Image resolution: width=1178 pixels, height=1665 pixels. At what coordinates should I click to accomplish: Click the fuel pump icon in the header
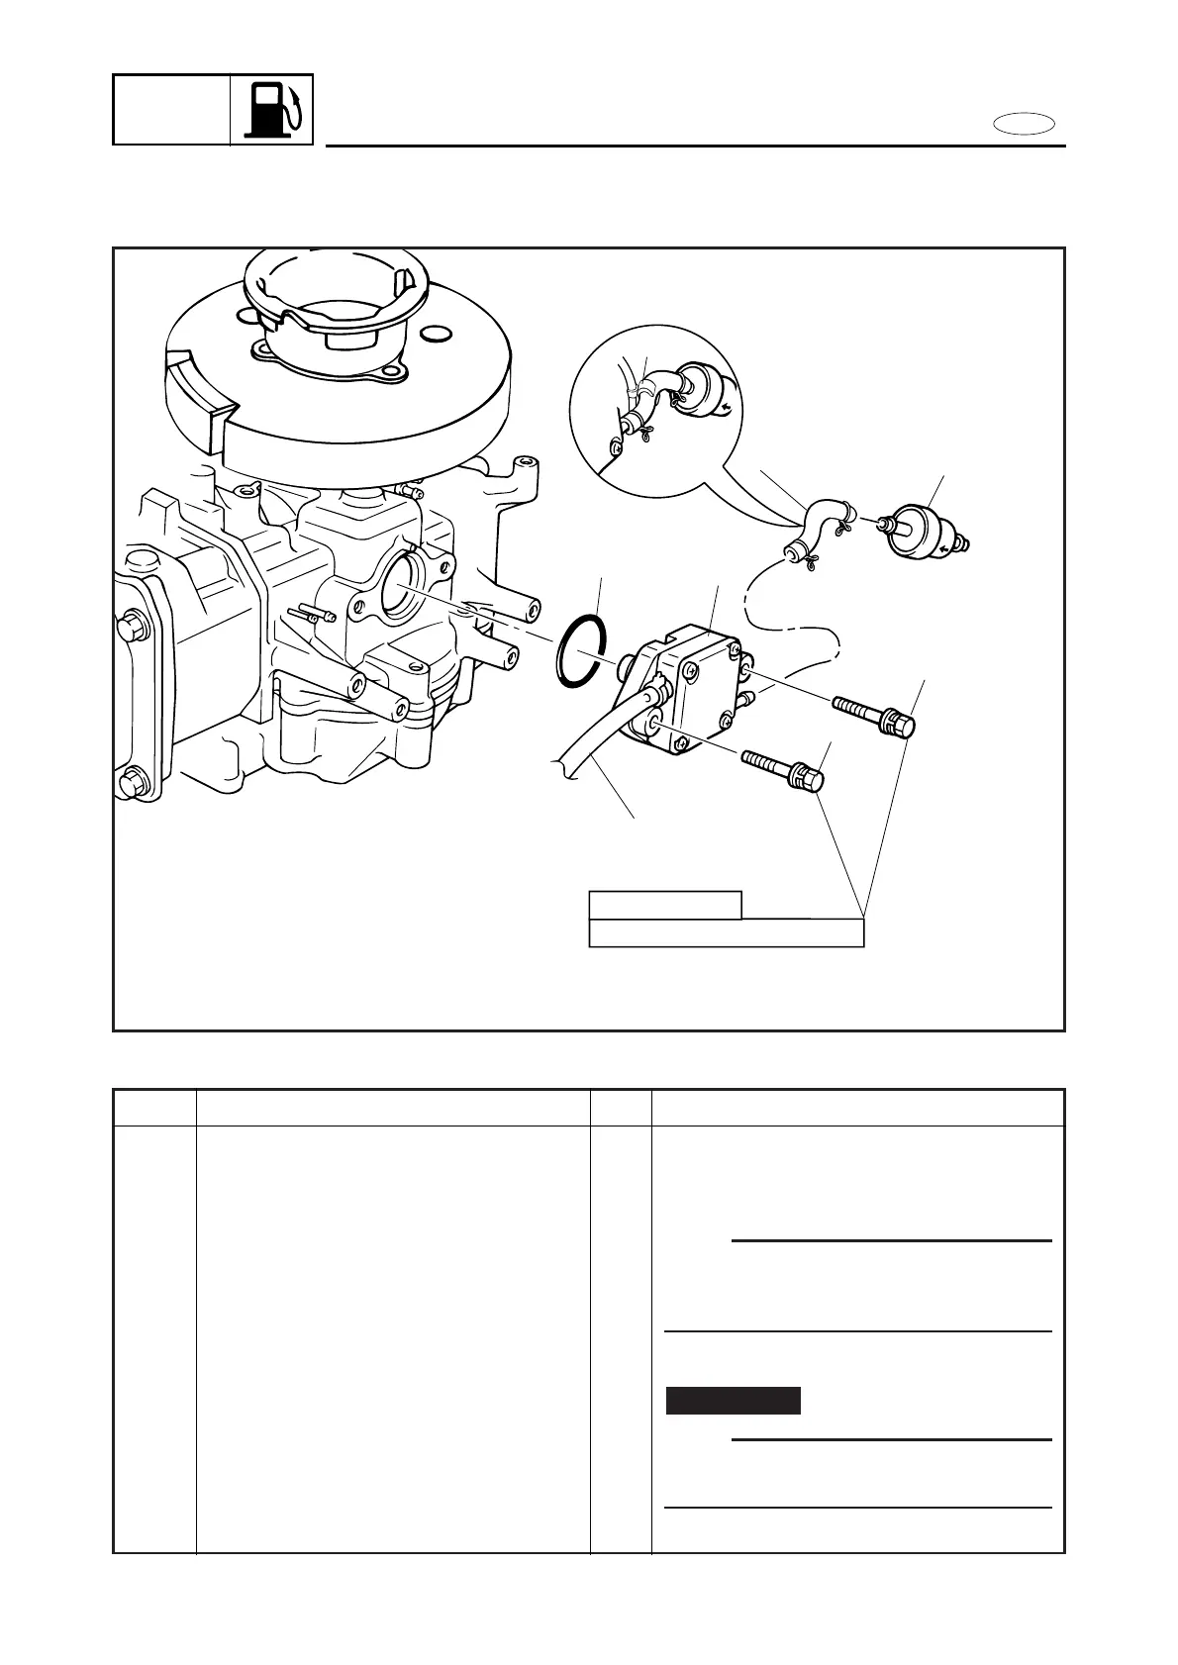click(x=271, y=109)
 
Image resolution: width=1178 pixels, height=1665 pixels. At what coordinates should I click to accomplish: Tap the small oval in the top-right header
click(x=1026, y=124)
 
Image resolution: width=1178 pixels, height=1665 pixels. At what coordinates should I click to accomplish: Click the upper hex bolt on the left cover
click(x=131, y=627)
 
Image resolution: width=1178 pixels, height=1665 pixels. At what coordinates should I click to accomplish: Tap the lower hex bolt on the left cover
click(x=131, y=784)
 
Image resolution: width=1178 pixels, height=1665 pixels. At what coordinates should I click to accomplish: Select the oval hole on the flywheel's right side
click(x=437, y=334)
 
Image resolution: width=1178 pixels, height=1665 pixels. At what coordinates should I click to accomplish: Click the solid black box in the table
click(x=733, y=1401)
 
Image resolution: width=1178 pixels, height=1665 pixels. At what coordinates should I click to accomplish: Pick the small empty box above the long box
click(x=664, y=905)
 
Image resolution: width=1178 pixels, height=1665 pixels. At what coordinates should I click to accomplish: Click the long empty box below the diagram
click(x=726, y=933)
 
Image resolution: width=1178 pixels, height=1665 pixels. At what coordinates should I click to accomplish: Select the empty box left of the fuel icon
click(x=171, y=109)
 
